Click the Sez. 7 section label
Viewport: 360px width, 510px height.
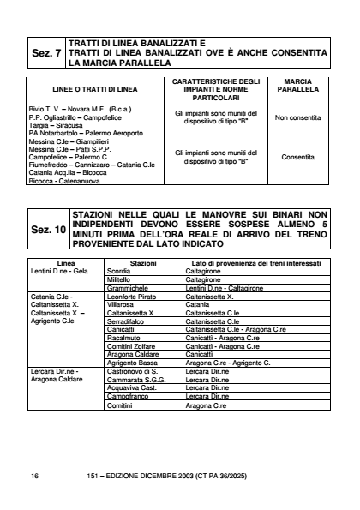45,53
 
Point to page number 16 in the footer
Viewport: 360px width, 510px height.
34,473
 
